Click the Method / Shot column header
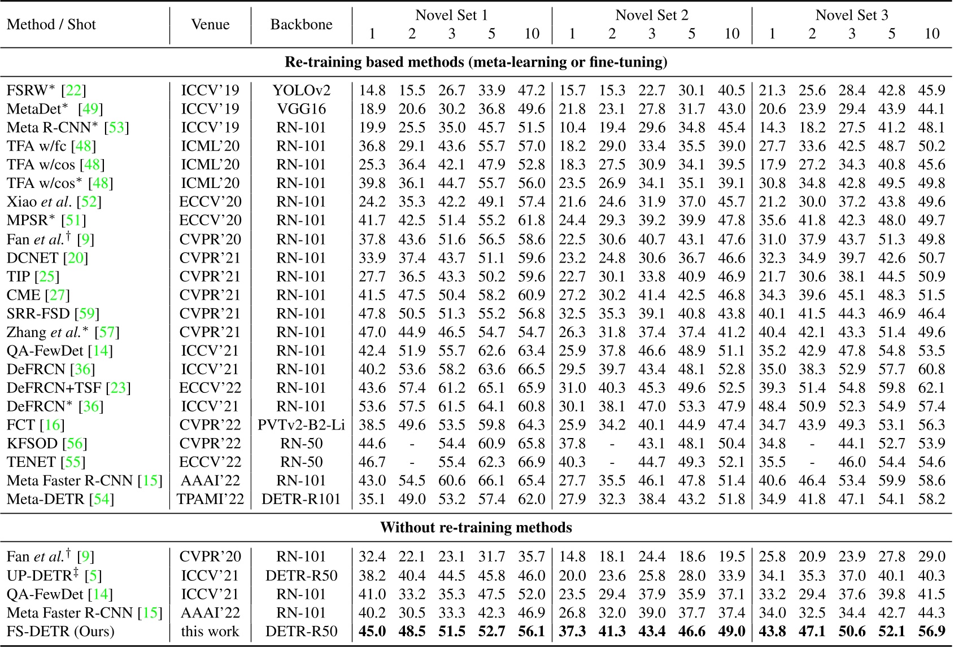point(51,24)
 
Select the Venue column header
point(210,24)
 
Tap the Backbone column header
point(301,24)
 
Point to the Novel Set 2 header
point(652,15)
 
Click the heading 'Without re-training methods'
point(476,527)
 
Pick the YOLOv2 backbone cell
point(301,90)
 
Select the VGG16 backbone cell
point(301,109)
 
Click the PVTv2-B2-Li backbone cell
point(301,424)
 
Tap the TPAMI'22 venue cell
point(210,499)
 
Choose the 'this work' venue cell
point(210,631)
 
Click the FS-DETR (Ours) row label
point(60,631)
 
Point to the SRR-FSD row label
point(38,313)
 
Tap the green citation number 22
point(74,90)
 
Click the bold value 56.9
point(931,631)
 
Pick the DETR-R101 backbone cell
point(301,499)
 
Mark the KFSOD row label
point(32,443)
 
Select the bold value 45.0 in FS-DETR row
point(372,631)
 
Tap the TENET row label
point(31,462)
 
